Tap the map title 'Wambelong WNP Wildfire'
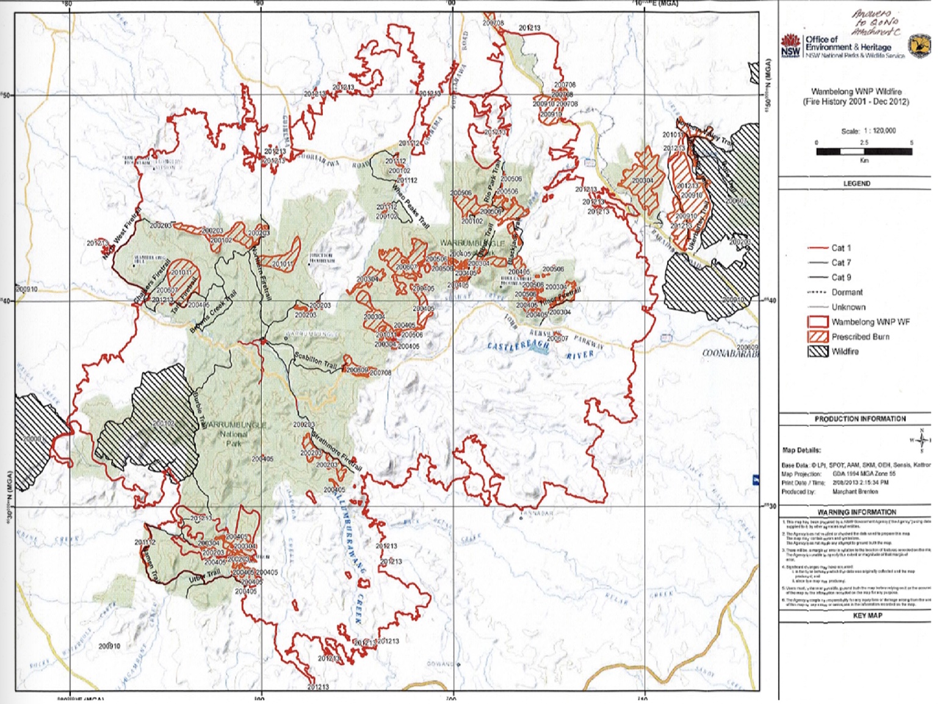[856, 92]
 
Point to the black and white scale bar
[864, 151]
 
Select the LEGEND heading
[856, 183]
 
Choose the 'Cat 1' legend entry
[841, 248]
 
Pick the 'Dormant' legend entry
[847, 292]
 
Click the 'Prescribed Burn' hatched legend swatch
[817, 337]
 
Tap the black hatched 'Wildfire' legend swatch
[817, 351]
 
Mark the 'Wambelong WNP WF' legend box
[817, 321]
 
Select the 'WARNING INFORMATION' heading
[856, 512]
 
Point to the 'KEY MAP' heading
[867, 616]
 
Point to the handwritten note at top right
[873, 22]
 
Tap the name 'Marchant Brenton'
[855, 491]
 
